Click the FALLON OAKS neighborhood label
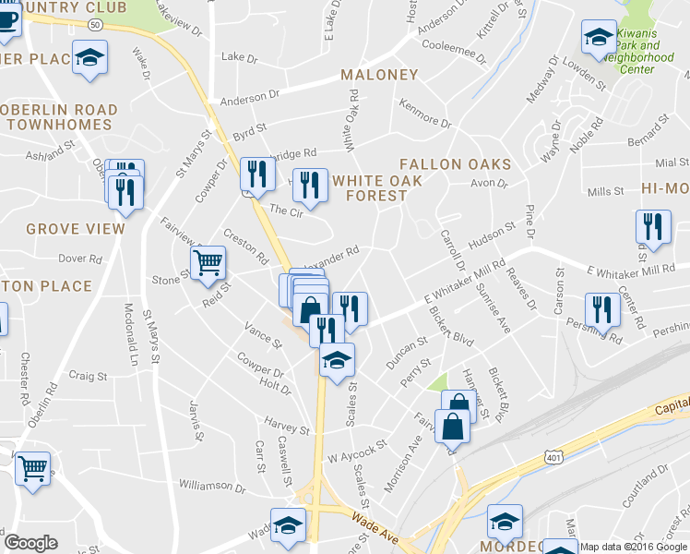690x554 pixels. pos(455,164)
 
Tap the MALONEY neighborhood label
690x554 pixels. pos(379,75)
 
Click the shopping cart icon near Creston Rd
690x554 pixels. pos(208,263)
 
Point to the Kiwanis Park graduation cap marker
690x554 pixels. pos(599,38)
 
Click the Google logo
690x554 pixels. pos(30,543)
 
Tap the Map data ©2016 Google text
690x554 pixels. pos(633,547)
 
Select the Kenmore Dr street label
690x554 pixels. pos(426,123)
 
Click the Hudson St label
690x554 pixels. pos(491,235)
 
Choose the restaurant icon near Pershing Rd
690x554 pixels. pos(601,310)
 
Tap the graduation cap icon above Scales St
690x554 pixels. pos(337,359)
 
